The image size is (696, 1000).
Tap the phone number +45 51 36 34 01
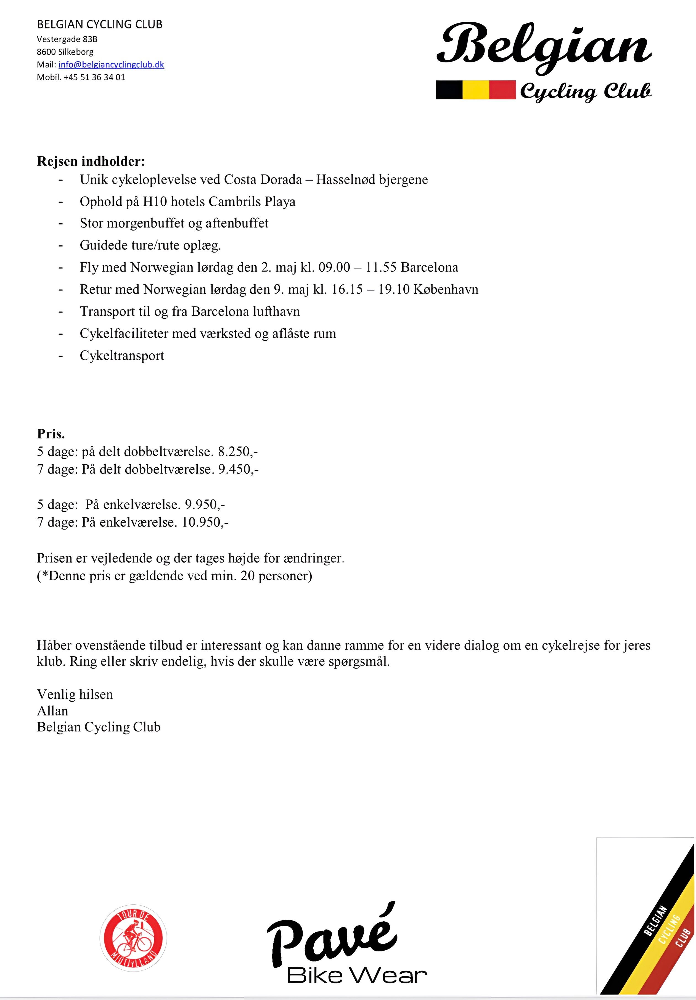(x=94, y=77)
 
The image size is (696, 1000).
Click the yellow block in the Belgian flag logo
(x=476, y=90)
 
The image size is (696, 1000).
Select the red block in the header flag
(x=502, y=90)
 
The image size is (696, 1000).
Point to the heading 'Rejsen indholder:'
(x=91, y=161)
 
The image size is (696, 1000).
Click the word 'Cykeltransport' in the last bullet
(x=122, y=355)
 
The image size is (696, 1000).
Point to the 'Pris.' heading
(x=51, y=434)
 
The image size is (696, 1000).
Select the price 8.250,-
(x=238, y=452)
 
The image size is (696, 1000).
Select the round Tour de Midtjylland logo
(x=133, y=938)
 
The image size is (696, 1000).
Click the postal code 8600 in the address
(x=46, y=52)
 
